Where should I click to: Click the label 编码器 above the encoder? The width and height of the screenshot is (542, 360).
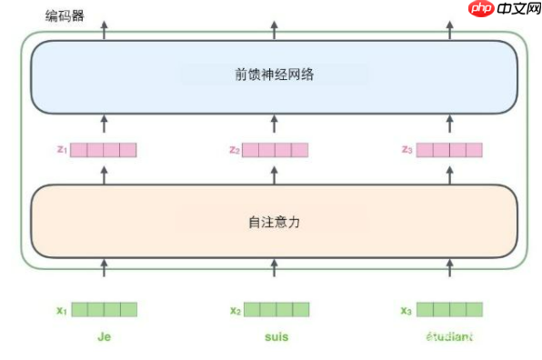tap(64, 15)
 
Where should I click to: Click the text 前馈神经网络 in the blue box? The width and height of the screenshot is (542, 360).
tap(274, 75)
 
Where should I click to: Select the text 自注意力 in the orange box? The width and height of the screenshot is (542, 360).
tap(274, 221)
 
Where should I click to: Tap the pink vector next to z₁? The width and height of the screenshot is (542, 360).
tap(103, 150)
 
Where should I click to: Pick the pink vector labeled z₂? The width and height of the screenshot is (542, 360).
tap(274, 150)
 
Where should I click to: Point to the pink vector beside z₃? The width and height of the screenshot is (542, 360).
tap(449, 150)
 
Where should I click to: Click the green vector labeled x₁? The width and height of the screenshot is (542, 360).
tap(104, 309)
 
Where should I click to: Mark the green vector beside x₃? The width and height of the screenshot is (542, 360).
tap(449, 309)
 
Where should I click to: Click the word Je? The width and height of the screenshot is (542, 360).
tap(105, 336)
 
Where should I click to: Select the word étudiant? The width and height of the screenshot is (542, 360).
tap(449, 336)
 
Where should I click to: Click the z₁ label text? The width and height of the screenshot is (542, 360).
tap(61, 149)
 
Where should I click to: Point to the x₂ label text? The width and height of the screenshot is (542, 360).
tap(236, 310)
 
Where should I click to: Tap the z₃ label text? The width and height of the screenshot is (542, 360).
tap(406, 149)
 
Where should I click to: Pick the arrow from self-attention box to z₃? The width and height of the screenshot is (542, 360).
tap(449, 172)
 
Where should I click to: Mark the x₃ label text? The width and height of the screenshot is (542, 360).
tap(406, 310)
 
